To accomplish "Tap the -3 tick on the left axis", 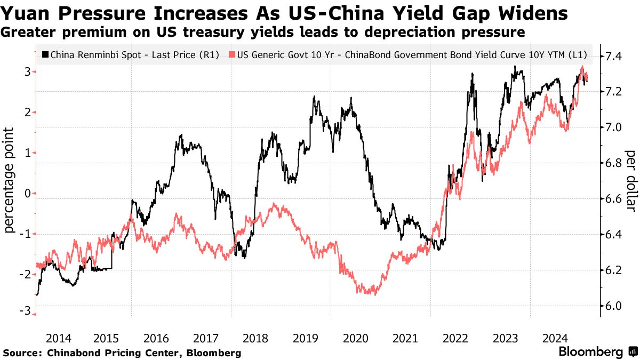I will [25, 314].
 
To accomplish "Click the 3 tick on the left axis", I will [27, 71].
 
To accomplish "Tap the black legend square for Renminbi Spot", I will [45, 54].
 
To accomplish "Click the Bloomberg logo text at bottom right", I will [590, 352].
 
